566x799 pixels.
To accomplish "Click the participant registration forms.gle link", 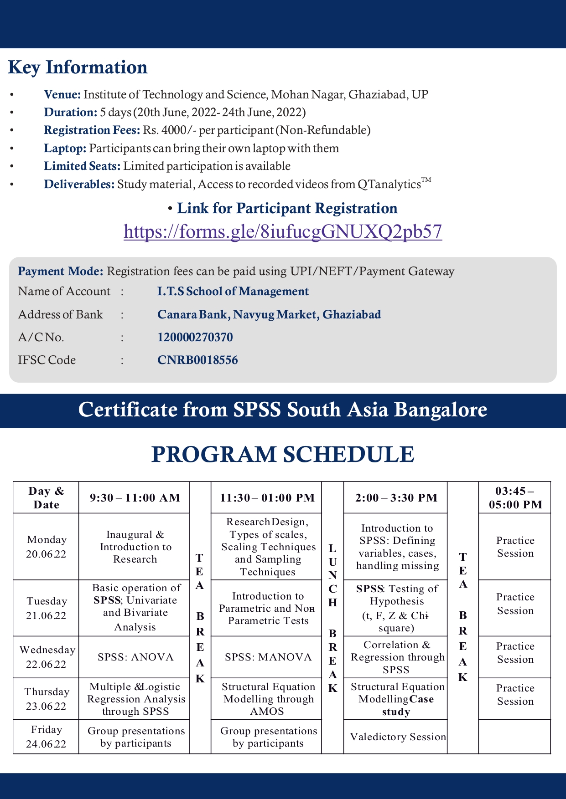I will [x=283, y=231].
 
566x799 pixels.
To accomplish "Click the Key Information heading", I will [x=78, y=67].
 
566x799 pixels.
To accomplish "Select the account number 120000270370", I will [x=195, y=337].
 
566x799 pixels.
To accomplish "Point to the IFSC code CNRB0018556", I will [x=197, y=360].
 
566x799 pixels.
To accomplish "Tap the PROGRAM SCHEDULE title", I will [x=283, y=455].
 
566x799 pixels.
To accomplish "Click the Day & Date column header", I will [x=46, y=498].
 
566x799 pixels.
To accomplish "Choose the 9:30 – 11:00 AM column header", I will [x=135, y=498].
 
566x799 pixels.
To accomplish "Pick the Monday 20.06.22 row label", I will [x=46, y=547].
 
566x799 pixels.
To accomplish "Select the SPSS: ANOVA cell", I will [x=135, y=657].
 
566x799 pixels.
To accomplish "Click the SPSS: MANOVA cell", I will [x=268, y=657].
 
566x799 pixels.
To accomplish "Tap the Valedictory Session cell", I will [x=398, y=737].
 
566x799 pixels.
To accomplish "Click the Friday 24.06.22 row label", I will [x=46, y=737].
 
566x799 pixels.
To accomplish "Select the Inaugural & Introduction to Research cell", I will [x=135, y=547].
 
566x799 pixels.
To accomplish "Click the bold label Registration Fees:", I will [x=92, y=130].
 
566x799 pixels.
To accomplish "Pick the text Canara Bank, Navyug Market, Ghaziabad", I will [x=269, y=314].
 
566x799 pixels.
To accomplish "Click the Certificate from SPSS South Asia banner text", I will [x=283, y=410].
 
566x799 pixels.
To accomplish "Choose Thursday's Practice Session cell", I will [x=515, y=695].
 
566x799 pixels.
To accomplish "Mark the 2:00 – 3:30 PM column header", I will [x=396, y=498].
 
